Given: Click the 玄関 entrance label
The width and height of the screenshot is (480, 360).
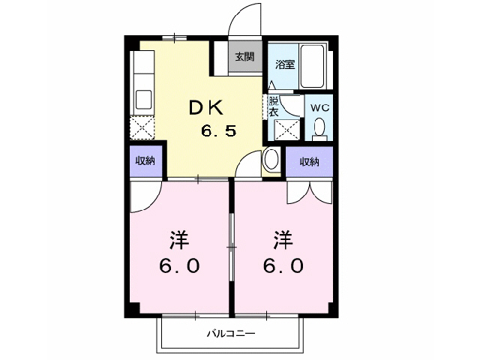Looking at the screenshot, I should [x=244, y=56].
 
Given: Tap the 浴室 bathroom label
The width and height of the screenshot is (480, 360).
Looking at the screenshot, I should [x=285, y=64].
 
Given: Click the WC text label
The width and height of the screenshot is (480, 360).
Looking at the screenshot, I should [x=320, y=108].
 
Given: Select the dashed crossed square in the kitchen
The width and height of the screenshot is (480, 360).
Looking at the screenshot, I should [x=142, y=128].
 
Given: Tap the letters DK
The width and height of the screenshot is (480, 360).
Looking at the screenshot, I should [x=206, y=108].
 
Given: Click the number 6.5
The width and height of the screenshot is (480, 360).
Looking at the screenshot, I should [x=219, y=131].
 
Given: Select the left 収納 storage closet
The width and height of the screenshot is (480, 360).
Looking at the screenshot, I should [x=145, y=161].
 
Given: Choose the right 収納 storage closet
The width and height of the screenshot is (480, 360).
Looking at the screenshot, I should [x=309, y=161].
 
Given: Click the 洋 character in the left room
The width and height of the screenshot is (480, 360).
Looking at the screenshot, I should [x=178, y=241].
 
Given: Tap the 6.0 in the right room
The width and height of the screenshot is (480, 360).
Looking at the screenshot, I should [x=283, y=265].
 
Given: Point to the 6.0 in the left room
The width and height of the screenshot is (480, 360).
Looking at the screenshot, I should [x=178, y=265].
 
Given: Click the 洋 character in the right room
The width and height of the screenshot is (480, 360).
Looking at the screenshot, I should [x=283, y=241].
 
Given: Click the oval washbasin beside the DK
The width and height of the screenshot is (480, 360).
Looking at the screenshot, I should [x=271, y=160].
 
